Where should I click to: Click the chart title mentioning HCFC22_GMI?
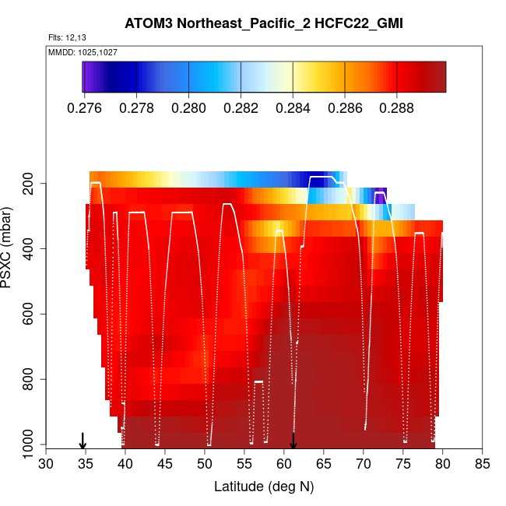coord(263,24)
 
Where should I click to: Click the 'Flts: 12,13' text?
coord(65,38)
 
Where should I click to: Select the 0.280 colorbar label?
coord(189,107)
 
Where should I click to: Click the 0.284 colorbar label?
coord(293,107)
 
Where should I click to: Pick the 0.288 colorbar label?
coord(397,107)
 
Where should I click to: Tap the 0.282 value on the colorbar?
coord(241,107)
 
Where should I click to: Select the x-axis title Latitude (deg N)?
coord(263,487)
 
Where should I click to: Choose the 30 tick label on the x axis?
coord(46,465)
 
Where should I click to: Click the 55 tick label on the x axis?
coord(244,465)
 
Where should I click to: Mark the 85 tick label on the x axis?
coord(482,465)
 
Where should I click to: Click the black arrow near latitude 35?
coord(83,441)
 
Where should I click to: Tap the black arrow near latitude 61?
coord(293,441)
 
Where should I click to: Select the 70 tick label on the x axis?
coord(364,465)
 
